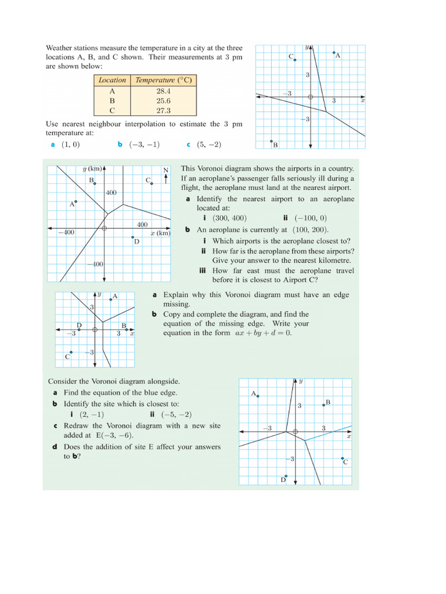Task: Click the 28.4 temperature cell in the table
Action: point(163,91)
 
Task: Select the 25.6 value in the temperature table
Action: point(163,100)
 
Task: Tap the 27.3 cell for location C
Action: point(163,110)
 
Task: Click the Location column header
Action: point(112,81)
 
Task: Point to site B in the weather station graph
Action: point(271,141)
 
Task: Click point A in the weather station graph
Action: point(334,53)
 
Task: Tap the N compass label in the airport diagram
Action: point(166,170)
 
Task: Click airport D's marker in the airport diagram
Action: point(133,237)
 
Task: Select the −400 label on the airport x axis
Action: point(66,232)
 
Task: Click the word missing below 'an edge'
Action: point(177,304)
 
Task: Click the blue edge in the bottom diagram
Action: point(328,433)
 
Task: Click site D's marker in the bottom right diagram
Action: point(286,476)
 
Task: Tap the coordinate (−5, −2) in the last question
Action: point(177,414)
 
